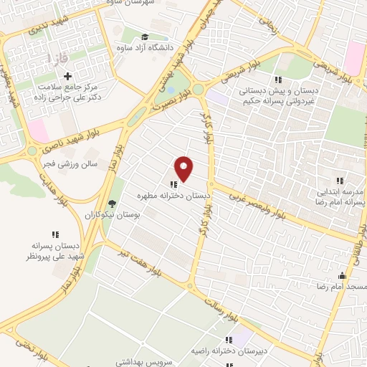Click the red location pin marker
(184, 168)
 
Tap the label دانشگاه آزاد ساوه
(148, 48)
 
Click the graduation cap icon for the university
(145, 37)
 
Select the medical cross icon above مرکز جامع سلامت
(68, 76)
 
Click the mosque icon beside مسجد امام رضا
(342, 275)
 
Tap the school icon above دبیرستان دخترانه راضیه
(229, 340)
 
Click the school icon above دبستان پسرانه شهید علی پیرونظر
(54, 234)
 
